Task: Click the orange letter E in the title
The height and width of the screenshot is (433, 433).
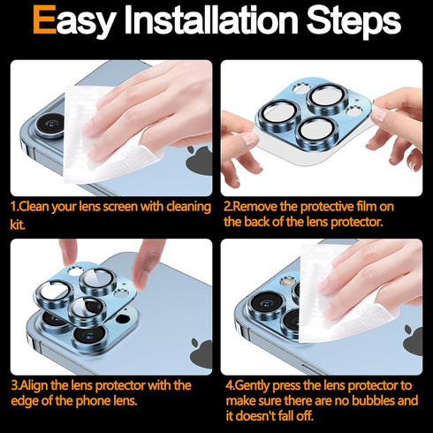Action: [44, 20]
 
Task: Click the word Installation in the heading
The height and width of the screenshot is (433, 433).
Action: [211, 20]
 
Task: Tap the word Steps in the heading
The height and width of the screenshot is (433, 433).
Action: [353, 21]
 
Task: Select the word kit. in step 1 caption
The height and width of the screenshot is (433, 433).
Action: [18, 224]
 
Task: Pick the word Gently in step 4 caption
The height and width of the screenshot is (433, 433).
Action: [253, 386]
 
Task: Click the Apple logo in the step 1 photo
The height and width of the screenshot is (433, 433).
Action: [199, 159]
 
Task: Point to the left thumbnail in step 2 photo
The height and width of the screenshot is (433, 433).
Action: [250, 138]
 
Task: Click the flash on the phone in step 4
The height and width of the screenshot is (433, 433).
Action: [286, 282]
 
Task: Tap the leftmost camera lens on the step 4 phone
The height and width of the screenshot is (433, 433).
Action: [266, 304]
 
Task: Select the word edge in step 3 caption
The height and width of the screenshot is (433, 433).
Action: [24, 401]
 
